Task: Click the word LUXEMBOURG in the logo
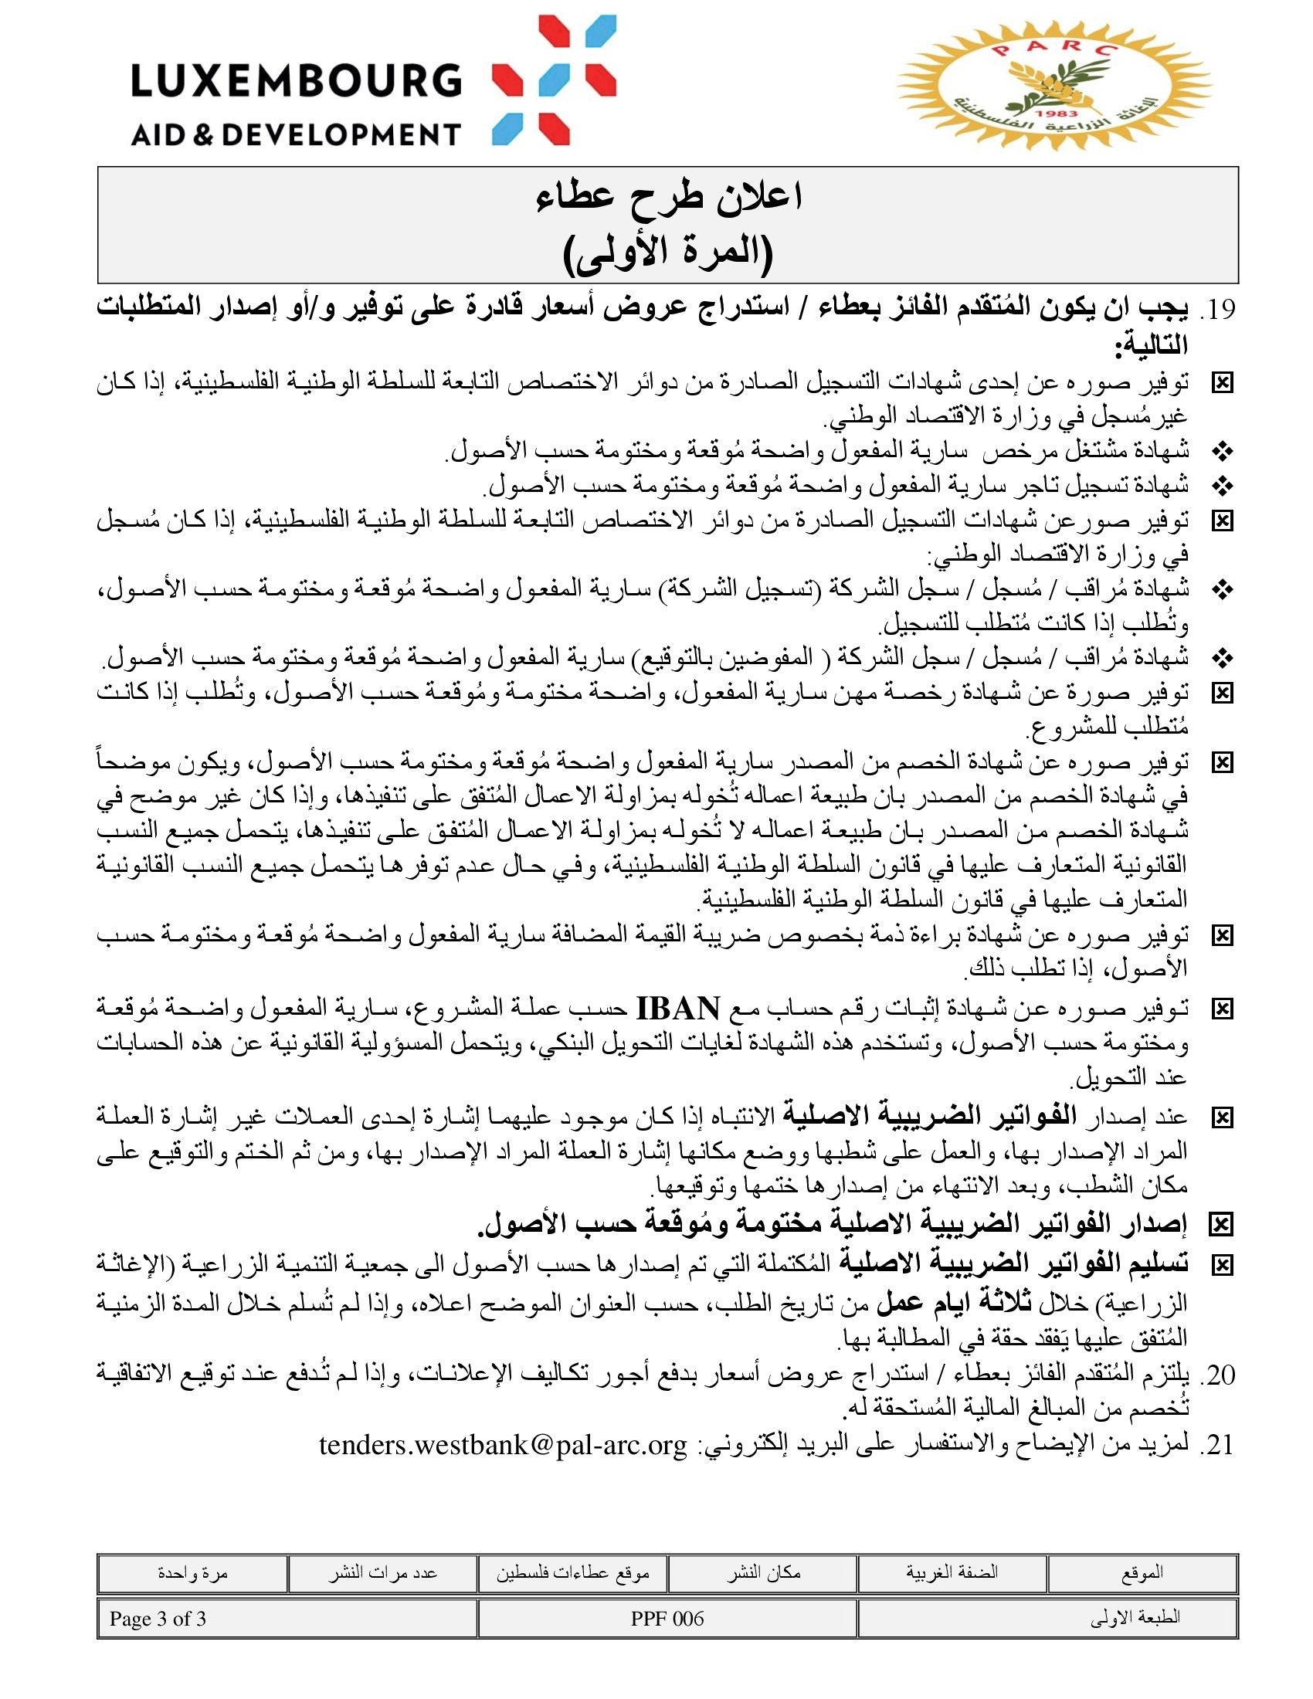[296, 81]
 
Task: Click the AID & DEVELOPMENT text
[296, 134]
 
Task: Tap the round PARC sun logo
[1054, 86]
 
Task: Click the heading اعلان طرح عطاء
[668, 198]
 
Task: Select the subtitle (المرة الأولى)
[668, 253]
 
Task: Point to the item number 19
[1218, 310]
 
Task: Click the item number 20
[1218, 1375]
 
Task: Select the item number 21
[1218, 1445]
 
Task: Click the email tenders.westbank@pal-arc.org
[504, 1446]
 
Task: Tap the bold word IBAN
[677, 1009]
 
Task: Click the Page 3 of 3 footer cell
[158, 1619]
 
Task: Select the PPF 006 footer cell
[667, 1619]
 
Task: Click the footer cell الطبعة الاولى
[1135, 1619]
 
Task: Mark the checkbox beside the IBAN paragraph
[1222, 1010]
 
